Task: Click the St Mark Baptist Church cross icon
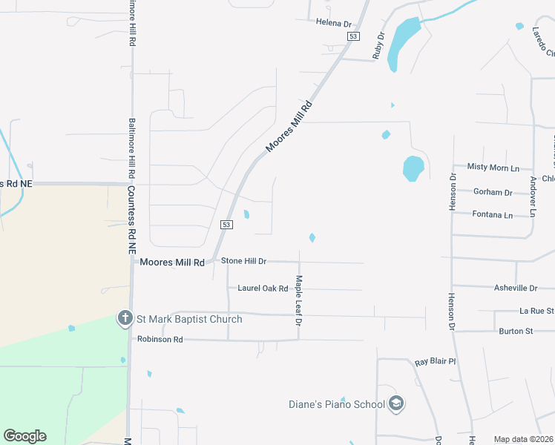pos(125,319)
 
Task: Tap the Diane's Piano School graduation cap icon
pos(396,404)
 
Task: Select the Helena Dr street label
pos(333,24)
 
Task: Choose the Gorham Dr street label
pos(493,192)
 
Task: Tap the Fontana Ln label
pos(493,215)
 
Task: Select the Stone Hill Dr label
pos(243,262)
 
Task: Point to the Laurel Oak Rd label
pos(263,288)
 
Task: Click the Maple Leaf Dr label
pos(299,300)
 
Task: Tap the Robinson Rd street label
pos(160,339)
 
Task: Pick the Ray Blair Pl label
pos(435,361)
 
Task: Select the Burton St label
pos(516,331)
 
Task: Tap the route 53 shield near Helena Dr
pos(353,36)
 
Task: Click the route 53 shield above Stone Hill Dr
pos(226,224)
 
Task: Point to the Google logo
pos(24,436)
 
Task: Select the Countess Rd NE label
pos(131,220)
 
